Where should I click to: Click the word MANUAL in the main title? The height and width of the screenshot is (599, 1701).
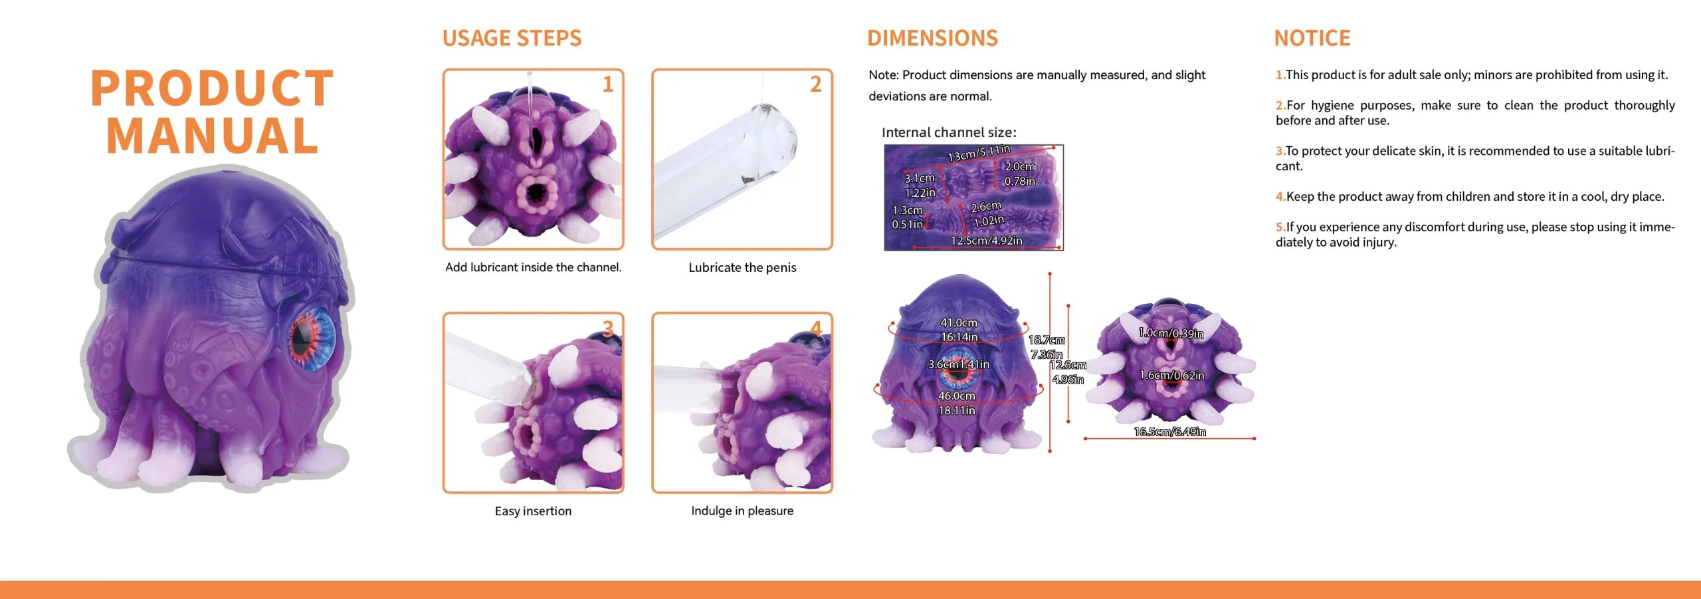click(x=212, y=136)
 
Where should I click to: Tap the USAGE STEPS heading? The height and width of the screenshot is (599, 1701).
click(x=512, y=38)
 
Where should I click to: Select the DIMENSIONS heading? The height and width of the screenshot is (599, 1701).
click(x=932, y=38)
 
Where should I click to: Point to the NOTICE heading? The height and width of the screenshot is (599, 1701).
click(x=1312, y=38)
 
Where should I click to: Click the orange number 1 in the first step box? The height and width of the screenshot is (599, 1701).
click(x=607, y=84)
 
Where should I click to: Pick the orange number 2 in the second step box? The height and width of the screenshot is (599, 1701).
click(x=816, y=84)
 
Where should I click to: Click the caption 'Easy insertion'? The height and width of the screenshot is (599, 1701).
click(x=533, y=511)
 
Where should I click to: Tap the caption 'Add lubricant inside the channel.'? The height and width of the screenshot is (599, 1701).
click(x=534, y=267)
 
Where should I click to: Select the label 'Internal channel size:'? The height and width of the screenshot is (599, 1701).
click(x=949, y=132)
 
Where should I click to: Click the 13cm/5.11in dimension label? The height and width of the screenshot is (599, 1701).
click(x=979, y=153)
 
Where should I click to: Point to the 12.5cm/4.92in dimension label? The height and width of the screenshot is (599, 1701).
click(x=987, y=240)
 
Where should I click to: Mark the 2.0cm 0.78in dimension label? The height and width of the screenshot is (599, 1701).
click(x=1020, y=174)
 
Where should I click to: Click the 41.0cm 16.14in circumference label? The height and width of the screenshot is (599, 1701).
click(x=959, y=330)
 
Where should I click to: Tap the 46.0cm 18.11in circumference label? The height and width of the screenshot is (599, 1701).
click(x=957, y=403)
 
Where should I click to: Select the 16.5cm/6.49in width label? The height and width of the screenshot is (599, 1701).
click(x=1169, y=431)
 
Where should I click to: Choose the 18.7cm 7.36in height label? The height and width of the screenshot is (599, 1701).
click(x=1047, y=347)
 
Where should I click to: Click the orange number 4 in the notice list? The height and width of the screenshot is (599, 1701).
click(x=1280, y=197)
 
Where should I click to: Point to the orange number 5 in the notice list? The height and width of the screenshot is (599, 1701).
click(x=1280, y=227)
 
